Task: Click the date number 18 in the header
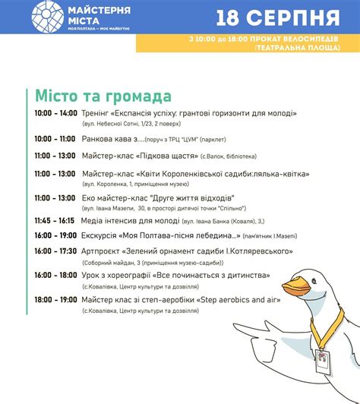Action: (x=232, y=17)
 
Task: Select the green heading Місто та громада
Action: (x=103, y=96)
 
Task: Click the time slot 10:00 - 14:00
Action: (x=55, y=113)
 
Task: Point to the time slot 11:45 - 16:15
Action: (x=54, y=220)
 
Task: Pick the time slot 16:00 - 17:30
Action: (x=55, y=251)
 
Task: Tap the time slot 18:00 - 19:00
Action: (x=55, y=300)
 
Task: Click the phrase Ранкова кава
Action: (x=106, y=139)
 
